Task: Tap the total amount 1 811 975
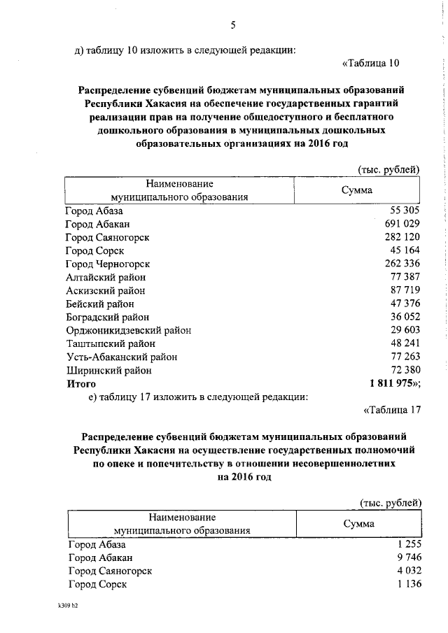[x=393, y=383]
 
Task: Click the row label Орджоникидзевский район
[x=128, y=330]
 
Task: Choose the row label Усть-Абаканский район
[x=121, y=357]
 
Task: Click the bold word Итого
[x=81, y=383]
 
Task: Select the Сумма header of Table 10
[x=356, y=190]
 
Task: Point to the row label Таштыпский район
[x=110, y=343]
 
